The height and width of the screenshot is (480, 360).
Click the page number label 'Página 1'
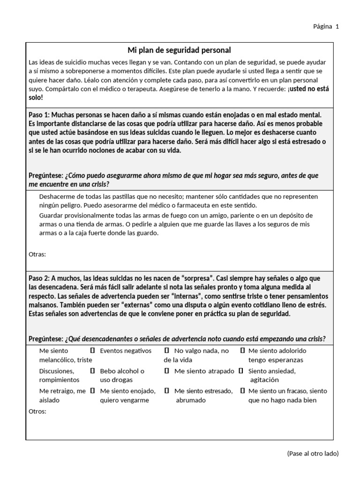(x=326, y=26)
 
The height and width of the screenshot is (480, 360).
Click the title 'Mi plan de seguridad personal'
(x=180, y=50)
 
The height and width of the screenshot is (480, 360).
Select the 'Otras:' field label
(x=37, y=254)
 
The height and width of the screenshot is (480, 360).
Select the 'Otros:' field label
(x=37, y=411)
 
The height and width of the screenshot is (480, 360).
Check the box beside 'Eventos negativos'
(x=92, y=351)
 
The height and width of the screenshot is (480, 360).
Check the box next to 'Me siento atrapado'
(x=166, y=371)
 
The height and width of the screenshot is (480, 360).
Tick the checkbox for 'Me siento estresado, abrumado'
(x=166, y=390)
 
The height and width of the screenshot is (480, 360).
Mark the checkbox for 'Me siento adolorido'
(x=242, y=351)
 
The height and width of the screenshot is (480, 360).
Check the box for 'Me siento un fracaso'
(x=242, y=390)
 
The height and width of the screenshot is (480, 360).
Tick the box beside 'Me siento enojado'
(x=92, y=390)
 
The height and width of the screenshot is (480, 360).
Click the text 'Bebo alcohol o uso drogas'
(x=122, y=375)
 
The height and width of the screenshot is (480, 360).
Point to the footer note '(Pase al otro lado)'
(x=312, y=453)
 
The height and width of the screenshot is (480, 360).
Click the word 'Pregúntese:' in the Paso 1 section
(x=46, y=175)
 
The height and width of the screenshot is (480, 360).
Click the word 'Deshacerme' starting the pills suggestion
(x=57, y=196)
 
